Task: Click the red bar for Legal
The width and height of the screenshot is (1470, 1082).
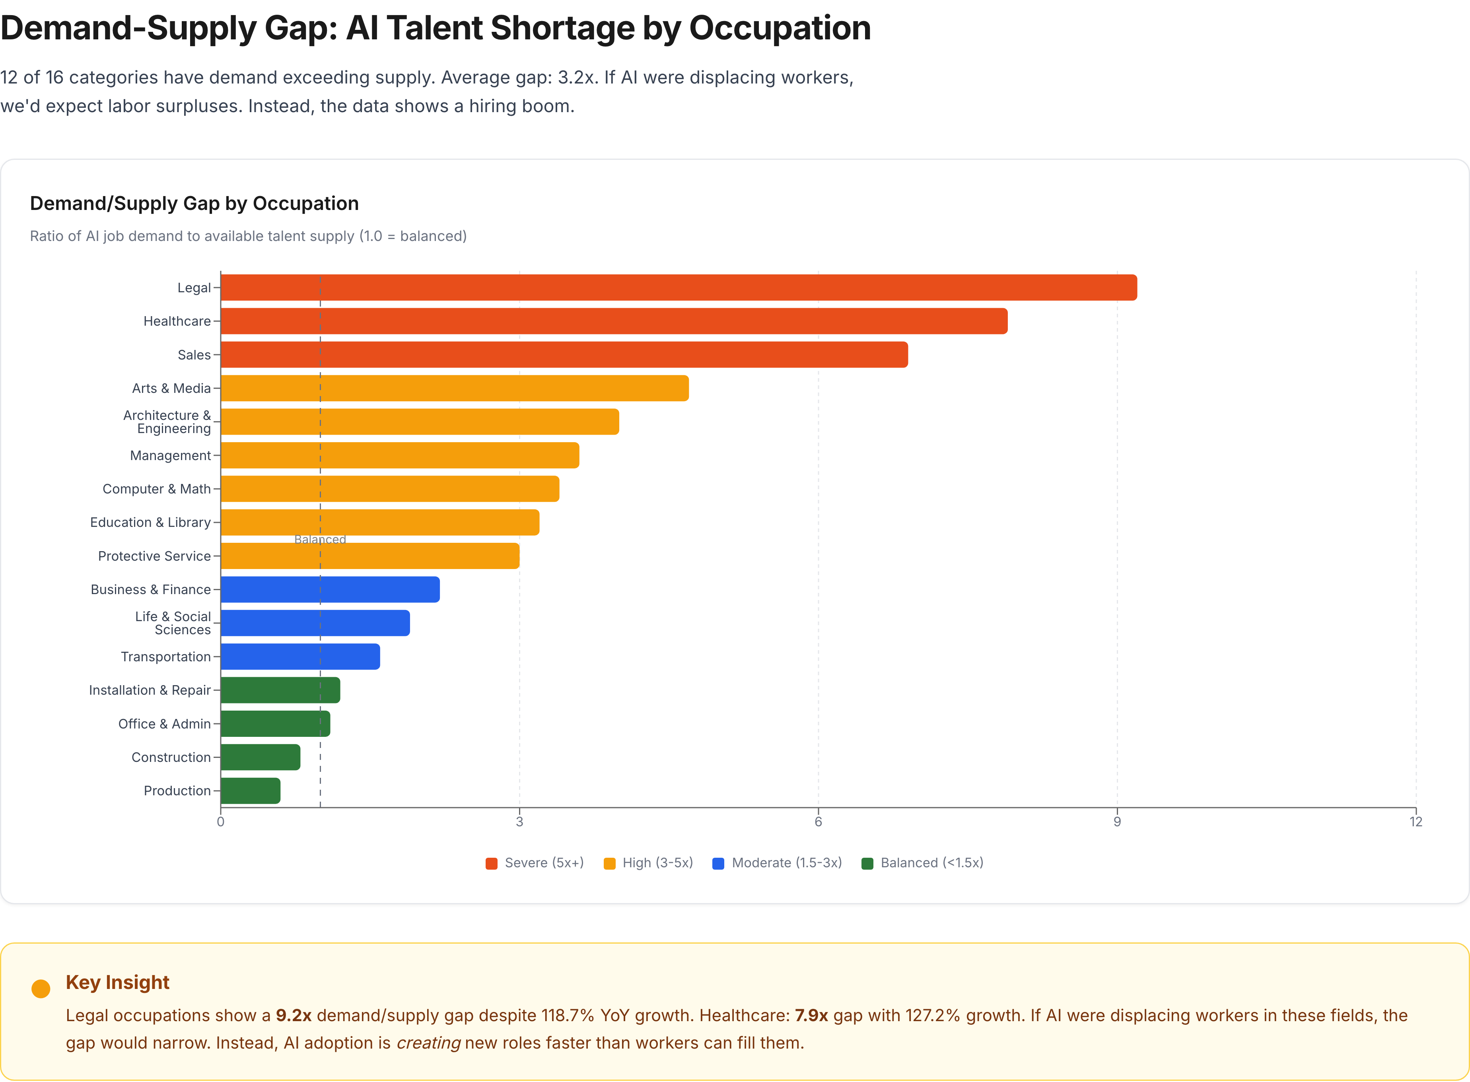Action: tap(678, 287)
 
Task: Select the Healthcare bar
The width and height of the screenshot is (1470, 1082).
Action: tap(614, 321)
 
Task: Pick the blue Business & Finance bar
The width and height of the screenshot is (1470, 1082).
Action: tap(330, 589)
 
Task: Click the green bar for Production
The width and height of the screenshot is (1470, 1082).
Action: tap(250, 791)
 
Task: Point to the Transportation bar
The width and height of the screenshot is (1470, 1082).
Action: tap(300, 656)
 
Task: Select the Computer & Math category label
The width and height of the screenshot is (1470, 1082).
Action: tap(157, 489)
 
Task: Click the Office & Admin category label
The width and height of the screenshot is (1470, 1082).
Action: tap(164, 724)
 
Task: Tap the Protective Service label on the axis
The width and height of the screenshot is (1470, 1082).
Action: tap(155, 556)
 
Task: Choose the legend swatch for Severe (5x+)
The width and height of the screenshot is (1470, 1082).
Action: tap(491, 863)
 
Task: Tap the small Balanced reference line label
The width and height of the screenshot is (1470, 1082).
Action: tap(320, 539)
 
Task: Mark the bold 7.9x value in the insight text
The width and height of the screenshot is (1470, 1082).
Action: tap(811, 1015)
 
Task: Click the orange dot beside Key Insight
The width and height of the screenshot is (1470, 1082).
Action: tap(41, 988)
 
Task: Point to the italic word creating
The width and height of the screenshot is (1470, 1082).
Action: tap(428, 1043)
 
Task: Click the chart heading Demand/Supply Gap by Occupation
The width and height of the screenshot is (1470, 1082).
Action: tap(194, 203)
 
